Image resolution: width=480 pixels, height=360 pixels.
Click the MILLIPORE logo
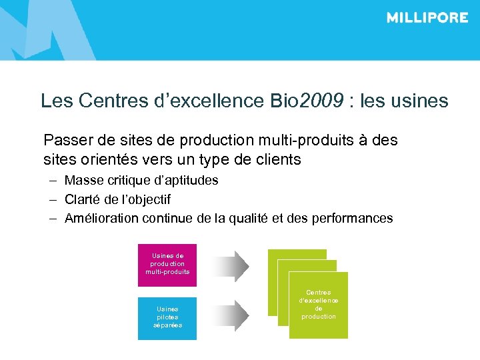coord(427,18)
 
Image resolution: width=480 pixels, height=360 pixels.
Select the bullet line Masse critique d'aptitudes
coord(141,181)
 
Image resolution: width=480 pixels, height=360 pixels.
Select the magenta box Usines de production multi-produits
coord(167,265)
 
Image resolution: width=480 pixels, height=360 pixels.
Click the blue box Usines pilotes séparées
coord(167,318)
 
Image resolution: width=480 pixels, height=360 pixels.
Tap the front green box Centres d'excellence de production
coord(318,305)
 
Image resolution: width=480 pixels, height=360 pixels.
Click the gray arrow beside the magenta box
coord(233,265)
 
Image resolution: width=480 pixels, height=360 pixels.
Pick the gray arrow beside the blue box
coord(233,313)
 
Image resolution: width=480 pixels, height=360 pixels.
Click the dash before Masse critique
coord(51,181)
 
